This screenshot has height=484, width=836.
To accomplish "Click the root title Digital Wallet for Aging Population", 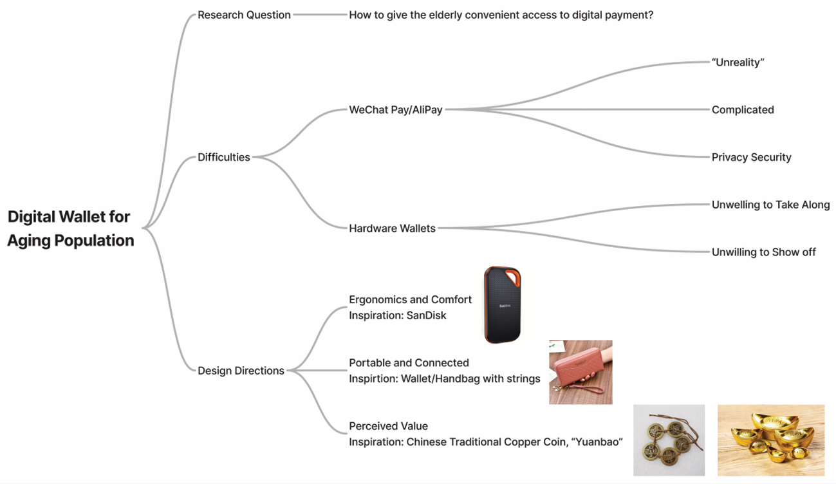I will (70, 228).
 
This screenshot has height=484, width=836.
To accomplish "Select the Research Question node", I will (244, 15).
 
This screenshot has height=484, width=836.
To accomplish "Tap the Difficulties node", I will (223, 157).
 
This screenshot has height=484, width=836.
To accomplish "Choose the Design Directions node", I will (241, 371).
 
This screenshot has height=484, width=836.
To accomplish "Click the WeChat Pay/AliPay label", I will (395, 110).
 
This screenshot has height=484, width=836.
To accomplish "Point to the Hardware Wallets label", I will (392, 228).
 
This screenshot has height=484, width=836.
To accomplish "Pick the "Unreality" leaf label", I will (738, 62).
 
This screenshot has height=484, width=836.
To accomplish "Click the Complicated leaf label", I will (743, 110).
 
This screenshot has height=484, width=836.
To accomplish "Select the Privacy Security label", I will (751, 158).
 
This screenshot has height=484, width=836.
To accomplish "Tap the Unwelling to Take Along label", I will (770, 205).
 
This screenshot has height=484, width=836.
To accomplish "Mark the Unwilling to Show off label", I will (763, 252).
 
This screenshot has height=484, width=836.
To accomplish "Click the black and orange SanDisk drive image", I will (502, 304).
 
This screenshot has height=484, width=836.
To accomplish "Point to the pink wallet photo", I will (581, 372).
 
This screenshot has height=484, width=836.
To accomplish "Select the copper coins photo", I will (669, 440).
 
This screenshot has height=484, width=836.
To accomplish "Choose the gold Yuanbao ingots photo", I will (770, 440).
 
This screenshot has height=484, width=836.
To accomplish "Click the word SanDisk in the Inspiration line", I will (426, 316).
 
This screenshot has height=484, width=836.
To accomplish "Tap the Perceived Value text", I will (388, 426).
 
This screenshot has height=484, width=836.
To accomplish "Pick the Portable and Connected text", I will (409, 363).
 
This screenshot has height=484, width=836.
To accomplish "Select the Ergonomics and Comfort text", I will (410, 300).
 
